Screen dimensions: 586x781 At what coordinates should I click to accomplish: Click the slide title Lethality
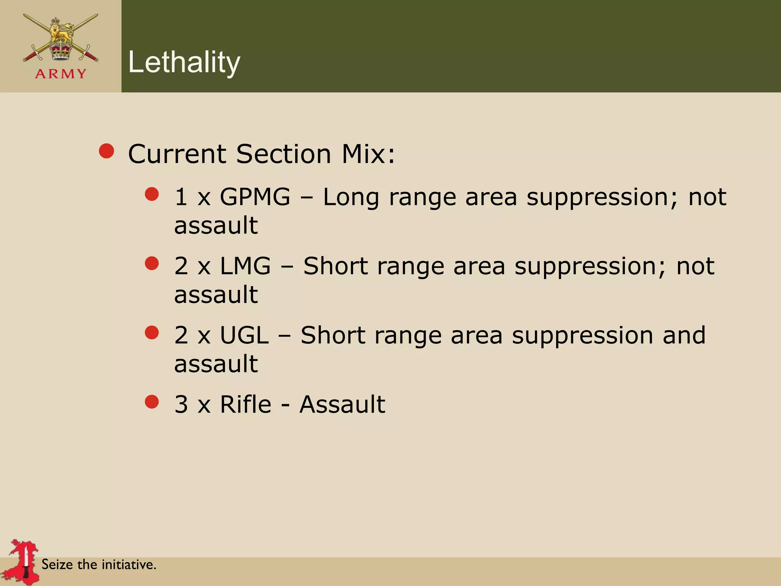tap(184, 62)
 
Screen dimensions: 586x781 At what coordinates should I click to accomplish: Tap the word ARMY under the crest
tap(61, 74)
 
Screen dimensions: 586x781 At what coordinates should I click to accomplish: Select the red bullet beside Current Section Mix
tap(106, 151)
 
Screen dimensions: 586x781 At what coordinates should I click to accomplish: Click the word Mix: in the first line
tap(368, 154)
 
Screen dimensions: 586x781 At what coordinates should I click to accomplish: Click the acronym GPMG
tap(255, 197)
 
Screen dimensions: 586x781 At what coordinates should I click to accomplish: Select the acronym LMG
tap(245, 266)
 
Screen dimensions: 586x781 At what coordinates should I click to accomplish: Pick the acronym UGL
tap(244, 335)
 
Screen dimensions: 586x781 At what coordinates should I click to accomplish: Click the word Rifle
tap(246, 404)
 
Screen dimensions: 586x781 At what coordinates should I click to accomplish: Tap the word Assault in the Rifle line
tap(342, 404)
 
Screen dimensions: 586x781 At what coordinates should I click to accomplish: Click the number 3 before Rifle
tap(181, 404)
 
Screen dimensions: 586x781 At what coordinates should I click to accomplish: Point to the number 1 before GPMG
tap(181, 197)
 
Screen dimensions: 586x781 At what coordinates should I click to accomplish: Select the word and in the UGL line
tap(684, 335)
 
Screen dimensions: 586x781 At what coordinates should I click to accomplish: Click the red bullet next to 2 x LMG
tap(152, 263)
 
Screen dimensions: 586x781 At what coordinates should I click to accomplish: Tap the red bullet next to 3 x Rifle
tap(152, 401)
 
